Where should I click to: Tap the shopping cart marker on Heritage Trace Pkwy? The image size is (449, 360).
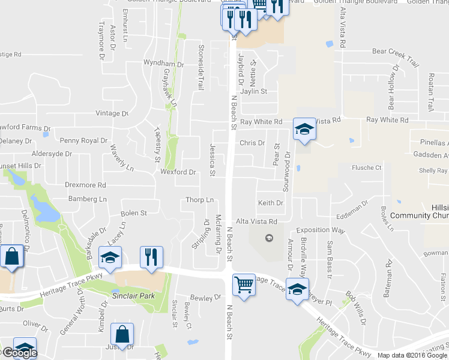click(243, 286)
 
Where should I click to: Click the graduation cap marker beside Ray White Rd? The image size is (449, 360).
click(304, 129)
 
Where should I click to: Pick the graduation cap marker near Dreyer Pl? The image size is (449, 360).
click(297, 290)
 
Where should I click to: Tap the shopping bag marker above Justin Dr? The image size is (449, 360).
click(122, 335)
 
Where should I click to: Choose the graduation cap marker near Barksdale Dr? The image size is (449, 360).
click(110, 257)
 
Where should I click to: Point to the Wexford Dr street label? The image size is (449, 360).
click(178, 172)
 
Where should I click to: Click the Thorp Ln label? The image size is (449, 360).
click(200, 200)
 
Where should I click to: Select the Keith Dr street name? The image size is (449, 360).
click(270, 203)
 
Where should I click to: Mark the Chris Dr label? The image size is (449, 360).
click(252, 143)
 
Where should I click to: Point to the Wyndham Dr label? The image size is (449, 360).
click(163, 64)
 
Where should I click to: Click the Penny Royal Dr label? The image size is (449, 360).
click(84, 140)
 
